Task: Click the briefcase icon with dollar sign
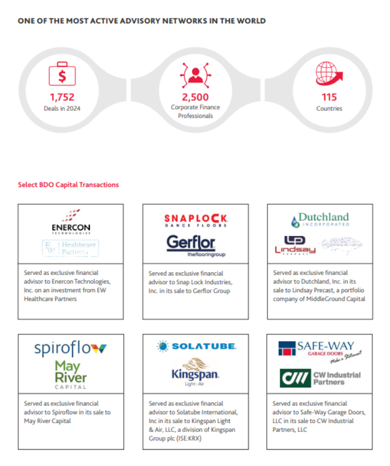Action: (x=62, y=74)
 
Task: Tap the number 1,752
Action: (x=62, y=97)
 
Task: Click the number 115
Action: (x=329, y=97)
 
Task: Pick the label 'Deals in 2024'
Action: (x=62, y=109)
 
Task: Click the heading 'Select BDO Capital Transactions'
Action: (x=68, y=185)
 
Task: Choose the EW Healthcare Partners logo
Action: (x=70, y=248)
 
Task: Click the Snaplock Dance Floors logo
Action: (x=196, y=220)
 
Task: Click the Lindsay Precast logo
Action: (x=295, y=246)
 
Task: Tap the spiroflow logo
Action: (x=70, y=350)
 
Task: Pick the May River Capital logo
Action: (x=70, y=375)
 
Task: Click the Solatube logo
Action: (x=196, y=346)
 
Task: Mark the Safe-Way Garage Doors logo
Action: (x=319, y=349)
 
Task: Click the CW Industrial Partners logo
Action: (x=320, y=379)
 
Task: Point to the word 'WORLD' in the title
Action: (x=251, y=21)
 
